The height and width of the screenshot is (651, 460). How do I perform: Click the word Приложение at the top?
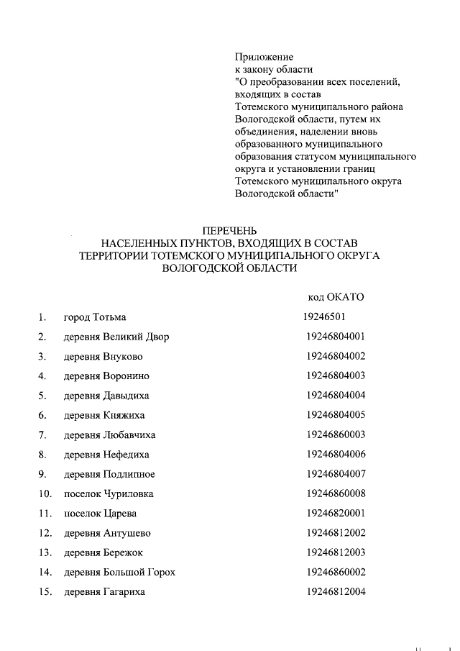264,56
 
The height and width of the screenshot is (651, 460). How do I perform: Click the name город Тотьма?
96,317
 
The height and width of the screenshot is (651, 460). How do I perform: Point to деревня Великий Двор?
116,337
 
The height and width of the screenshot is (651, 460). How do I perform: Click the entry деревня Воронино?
106,375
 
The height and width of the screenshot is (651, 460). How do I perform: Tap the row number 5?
42,396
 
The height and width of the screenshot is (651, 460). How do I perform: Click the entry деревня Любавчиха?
109,435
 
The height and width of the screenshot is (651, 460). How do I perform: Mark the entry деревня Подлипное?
109,474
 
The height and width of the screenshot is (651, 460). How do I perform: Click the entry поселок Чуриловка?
109,493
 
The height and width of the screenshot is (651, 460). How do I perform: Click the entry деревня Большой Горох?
119,573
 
